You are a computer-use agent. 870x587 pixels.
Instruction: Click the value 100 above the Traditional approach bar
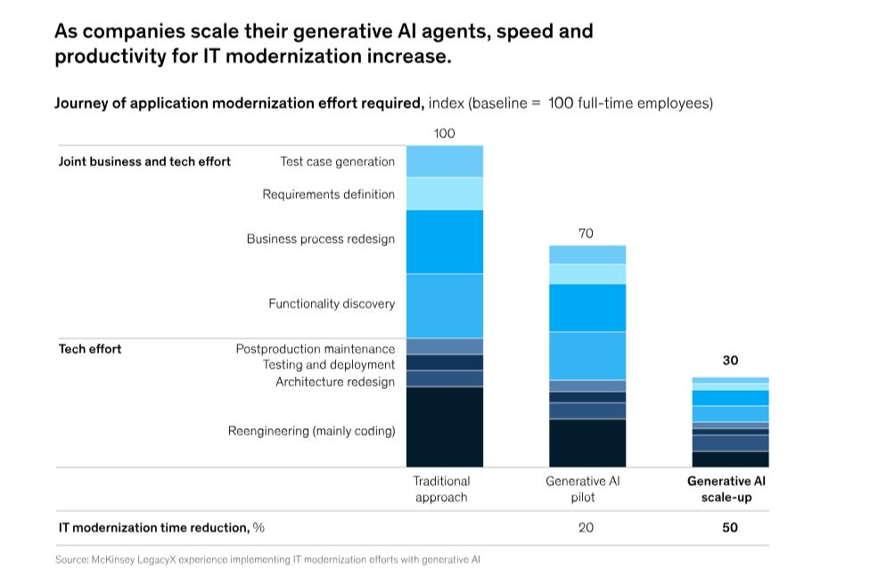point(444,134)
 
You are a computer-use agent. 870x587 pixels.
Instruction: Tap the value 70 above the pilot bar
point(586,234)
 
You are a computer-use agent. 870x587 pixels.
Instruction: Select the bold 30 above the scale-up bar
point(730,360)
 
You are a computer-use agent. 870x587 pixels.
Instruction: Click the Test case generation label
point(337,161)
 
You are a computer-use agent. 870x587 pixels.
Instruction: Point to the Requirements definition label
point(328,194)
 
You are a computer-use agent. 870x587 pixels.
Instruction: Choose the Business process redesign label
point(320,239)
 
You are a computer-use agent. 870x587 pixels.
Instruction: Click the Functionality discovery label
point(332,304)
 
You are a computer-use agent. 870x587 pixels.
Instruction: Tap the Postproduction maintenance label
point(315,349)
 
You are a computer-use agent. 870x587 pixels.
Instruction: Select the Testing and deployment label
point(328,365)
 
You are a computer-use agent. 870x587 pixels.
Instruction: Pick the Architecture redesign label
point(334,382)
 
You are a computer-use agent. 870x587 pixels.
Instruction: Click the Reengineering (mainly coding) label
point(311,432)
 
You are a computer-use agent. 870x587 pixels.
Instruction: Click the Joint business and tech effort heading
point(144,161)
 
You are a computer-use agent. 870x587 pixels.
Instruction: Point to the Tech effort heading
point(90,349)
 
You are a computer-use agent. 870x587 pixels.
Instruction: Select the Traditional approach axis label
point(441,489)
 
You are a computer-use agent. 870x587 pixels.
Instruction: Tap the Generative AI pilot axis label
point(583,489)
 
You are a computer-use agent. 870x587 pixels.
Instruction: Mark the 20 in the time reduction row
point(586,527)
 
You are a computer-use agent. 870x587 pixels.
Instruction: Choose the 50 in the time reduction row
point(730,527)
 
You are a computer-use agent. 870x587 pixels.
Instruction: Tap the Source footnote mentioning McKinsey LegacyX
point(267,560)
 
